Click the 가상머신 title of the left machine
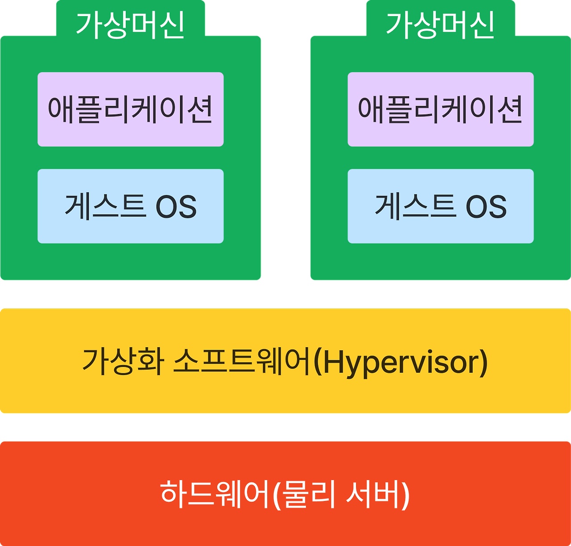(130, 24)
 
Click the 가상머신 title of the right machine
(440, 24)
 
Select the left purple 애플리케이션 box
(130, 109)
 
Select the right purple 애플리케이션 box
(440, 109)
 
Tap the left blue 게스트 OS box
(130, 206)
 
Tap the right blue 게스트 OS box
(440, 206)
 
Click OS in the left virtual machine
(176, 207)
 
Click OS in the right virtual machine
(486, 207)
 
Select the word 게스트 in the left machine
(105, 206)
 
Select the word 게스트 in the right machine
(415, 206)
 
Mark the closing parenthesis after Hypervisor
(483, 362)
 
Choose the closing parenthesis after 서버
(405, 494)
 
